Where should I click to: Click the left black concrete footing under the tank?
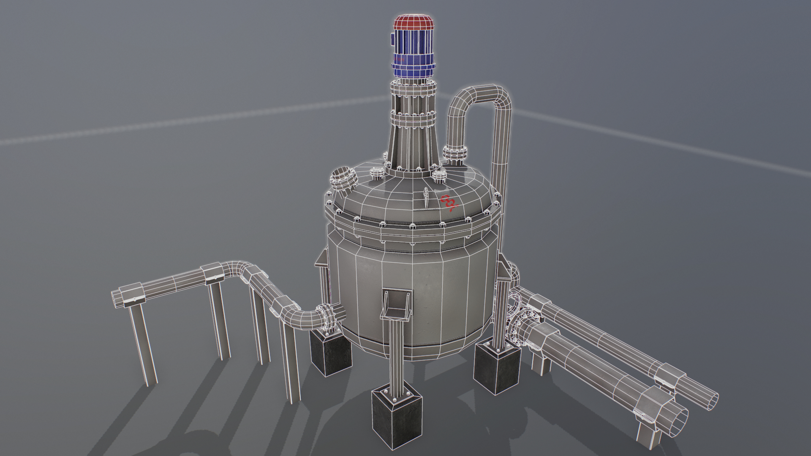(331, 353)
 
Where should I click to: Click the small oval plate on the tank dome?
(426, 196)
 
